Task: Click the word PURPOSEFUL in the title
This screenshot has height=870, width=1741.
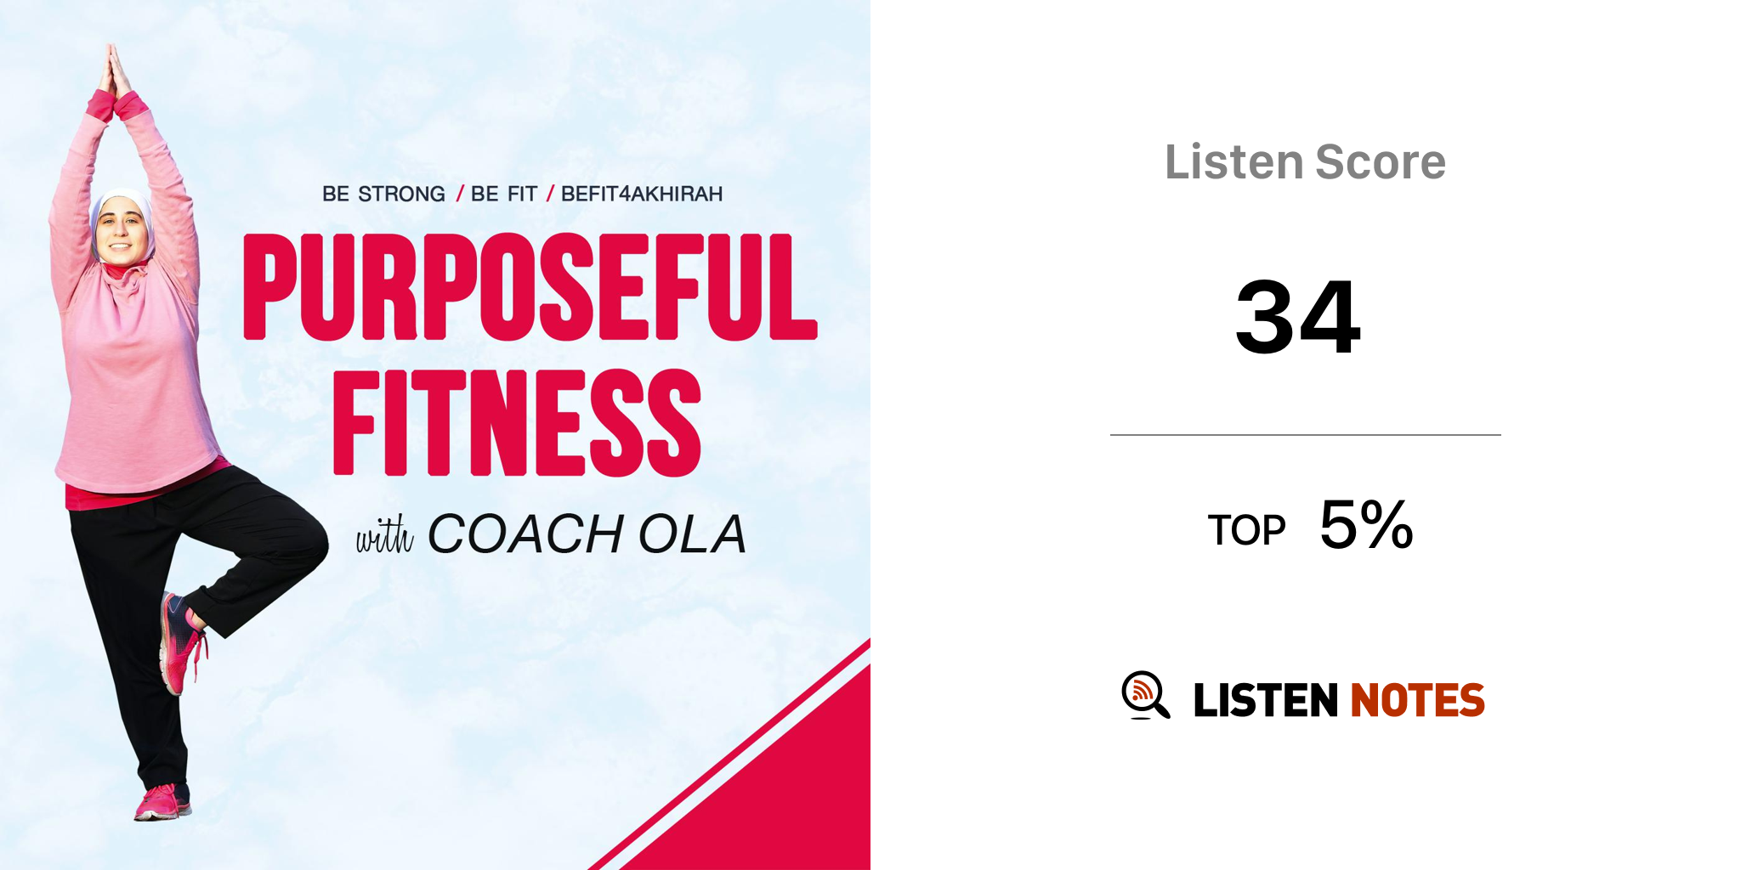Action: [530, 287]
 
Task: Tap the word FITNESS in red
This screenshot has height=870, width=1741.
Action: [517, 423]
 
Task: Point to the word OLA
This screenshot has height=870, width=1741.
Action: [692, 534]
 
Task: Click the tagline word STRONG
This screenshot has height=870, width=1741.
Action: [401, 195]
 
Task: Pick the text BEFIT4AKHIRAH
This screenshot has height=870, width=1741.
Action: [642, 195]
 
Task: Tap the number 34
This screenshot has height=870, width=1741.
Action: [1298, 317]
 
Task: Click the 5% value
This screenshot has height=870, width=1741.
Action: [1366, 524]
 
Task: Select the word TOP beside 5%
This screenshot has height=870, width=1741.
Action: [1246, 531]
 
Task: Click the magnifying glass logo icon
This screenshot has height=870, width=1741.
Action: [1145, 695]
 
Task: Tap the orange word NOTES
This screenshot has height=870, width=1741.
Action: [1417, 700]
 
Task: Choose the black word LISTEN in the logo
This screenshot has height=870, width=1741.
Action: [1266, 700]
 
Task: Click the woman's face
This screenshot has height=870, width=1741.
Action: [121, 229]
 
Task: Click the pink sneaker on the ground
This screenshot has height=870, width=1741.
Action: [162, 802]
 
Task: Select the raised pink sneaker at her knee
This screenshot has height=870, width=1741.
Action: [180, 642]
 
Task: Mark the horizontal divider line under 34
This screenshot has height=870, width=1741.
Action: [1306, 435]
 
